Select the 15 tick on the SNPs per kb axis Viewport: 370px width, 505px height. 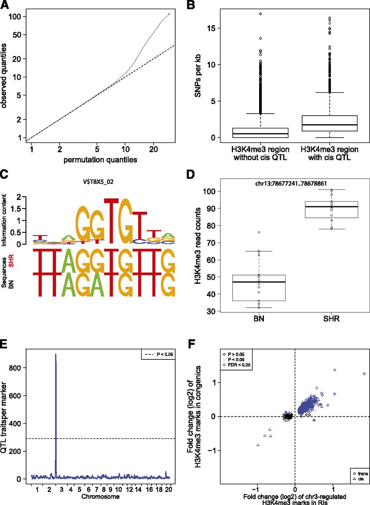(215, 28)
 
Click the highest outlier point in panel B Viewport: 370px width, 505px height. (261, 14)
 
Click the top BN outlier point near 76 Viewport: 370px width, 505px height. (259, 232)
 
